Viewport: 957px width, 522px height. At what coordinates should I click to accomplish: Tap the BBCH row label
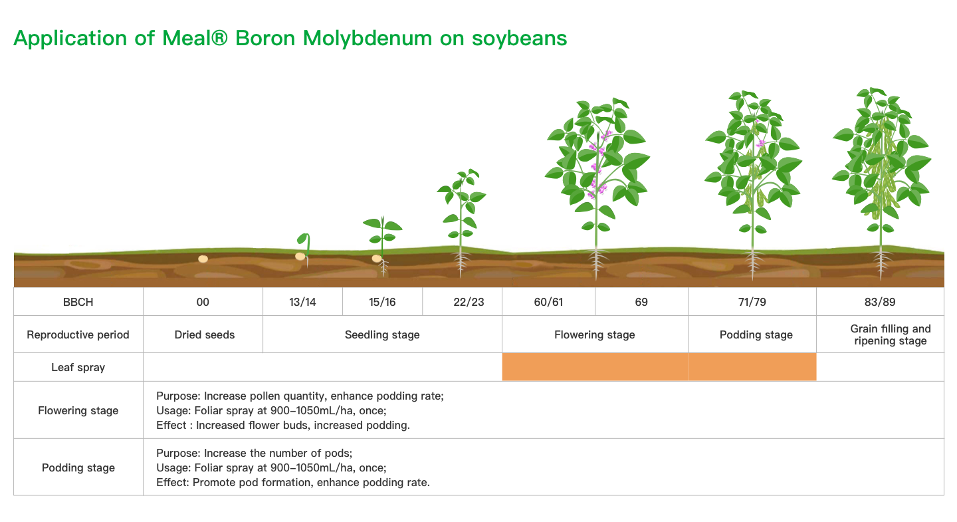(78, 302)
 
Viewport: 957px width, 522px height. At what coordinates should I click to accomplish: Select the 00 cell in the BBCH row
(203, 302)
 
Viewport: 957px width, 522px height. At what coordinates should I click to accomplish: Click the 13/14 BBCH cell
(302, 302)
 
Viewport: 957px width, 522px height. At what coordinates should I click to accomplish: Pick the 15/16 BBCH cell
(382, 302)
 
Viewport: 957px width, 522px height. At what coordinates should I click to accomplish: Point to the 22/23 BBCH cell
(469, 302)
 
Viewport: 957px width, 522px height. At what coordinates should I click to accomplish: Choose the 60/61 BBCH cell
(548, 302)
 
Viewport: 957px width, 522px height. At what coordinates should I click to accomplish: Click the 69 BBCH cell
(641, 302)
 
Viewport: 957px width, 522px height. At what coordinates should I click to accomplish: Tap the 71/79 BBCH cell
(752, 302)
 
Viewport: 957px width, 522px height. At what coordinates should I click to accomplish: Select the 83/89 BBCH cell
(880, 302)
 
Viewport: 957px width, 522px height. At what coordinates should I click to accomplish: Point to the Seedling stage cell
(382, 334)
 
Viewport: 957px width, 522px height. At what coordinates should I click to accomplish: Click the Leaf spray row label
(78, 367)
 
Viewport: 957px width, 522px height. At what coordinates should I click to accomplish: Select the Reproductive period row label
(78, 334)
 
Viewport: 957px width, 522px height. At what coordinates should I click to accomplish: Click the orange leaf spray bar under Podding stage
(752, 367)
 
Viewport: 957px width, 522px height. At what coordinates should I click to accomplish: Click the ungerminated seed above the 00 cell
(203, 259)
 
